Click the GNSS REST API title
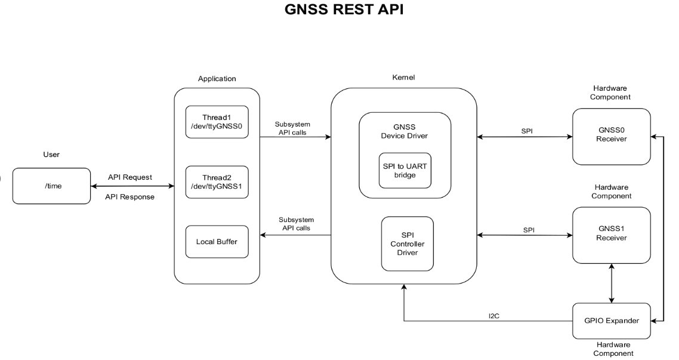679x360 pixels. pos(339,11)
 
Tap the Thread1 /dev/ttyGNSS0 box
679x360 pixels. pos(217,122)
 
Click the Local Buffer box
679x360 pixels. pos(217,241)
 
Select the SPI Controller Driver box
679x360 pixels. pos(407,244)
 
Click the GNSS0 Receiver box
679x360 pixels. pos(611,136)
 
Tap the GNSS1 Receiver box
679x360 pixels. pos(611,235)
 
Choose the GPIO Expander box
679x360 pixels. pos(611,320)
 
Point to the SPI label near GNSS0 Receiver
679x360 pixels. pos(527,131)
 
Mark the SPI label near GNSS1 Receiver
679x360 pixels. pos(528,229)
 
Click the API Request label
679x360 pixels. pos(129,177)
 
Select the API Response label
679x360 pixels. pos(129,196)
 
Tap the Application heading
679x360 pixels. pos(217,78)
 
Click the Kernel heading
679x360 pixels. pos(404,78)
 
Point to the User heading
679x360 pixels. pos(51,155)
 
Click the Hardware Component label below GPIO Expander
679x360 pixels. pos(611,349)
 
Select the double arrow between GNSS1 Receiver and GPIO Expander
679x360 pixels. pos(611,284)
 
